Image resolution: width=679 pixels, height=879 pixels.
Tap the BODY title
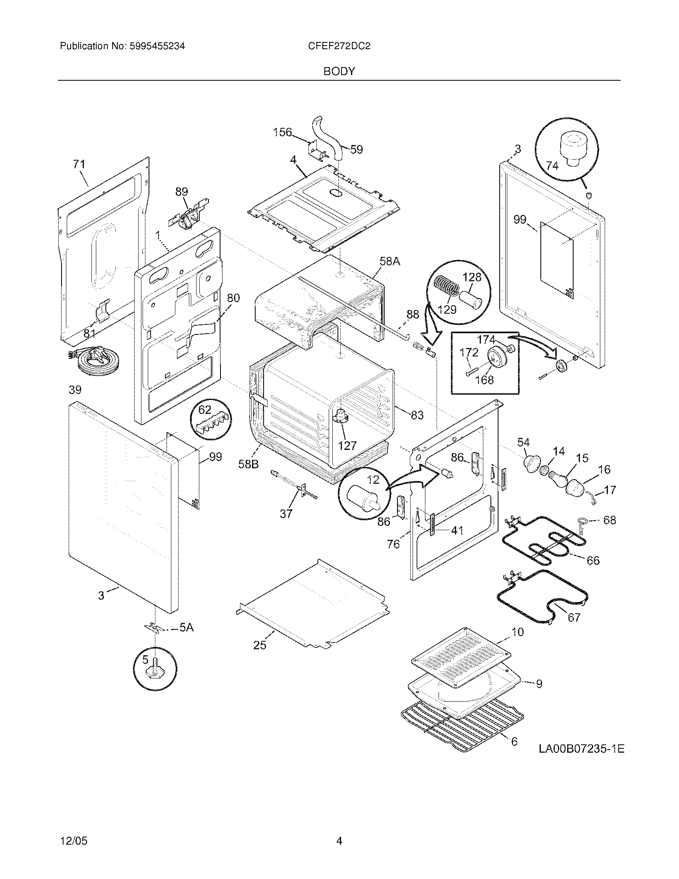(x=339, y=72)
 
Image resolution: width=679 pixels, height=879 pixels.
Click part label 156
(x=282, y=132)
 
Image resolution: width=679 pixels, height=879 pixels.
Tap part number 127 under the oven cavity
(x=347, y=445)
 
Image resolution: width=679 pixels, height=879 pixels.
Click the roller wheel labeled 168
(x=496, y=357)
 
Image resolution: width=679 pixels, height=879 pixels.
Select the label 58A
(x=390, y=261)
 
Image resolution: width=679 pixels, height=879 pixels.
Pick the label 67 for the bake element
(x=574, y=617)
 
